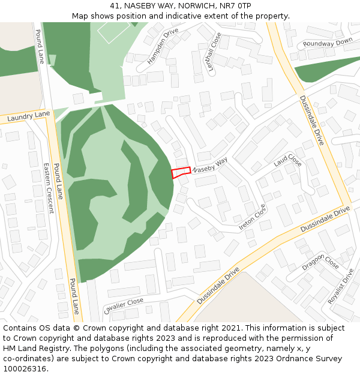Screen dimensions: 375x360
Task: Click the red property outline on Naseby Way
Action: [181, 172]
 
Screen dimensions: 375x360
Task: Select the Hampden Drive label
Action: [163, 45]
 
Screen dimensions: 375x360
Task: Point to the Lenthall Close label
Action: [214, 53]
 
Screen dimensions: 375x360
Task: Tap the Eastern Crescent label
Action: [49, 188]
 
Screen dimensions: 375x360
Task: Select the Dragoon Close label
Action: [320, 262]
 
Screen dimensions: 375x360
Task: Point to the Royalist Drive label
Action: [341, 286]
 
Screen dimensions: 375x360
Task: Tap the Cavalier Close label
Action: [124, 305]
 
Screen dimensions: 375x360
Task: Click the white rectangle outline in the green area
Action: [114, 31]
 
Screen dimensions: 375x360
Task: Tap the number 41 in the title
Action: [115, 6]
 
